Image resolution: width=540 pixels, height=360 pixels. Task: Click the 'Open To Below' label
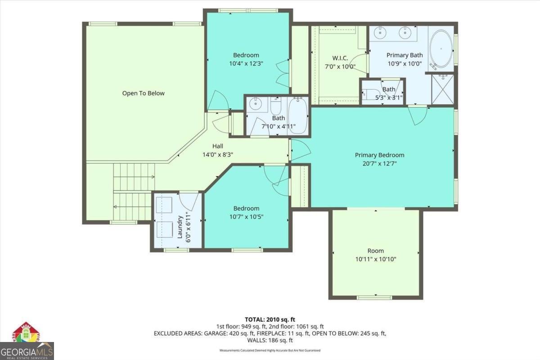pyautogui.click(x=143, y=93)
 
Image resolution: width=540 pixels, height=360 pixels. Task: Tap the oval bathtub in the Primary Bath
pyautogui.click(x=441, y=48)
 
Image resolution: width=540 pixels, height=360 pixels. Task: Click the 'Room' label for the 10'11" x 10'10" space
pyautogui.click(x=376, y=251)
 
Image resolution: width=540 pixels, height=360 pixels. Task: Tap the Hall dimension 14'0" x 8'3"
pyautogui.click(x=218, y=154)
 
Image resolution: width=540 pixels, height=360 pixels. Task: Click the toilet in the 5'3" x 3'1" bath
pyautogui.click(x=370, y=94)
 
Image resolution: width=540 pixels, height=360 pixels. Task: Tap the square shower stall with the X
pyautogui.click(x=443, y=90)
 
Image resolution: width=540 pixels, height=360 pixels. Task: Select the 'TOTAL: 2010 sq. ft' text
pyautogui.click(x=270, y=319)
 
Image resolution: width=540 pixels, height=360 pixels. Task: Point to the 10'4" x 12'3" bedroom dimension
pyautogui.click(x=246, y=64)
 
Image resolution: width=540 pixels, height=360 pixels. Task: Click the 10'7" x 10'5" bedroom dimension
pyautogui.click(x=246, y=216)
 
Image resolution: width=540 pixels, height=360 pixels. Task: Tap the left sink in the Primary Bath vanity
pyautogui.click(x=381, y=32)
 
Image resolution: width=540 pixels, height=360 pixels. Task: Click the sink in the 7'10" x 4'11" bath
pyautogui.click(x=256, y=104)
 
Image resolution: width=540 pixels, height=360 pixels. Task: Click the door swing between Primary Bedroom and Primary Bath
pyautogui.click(x=418, y=116)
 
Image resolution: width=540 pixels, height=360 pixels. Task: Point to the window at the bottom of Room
pyautogui.click(x=374, y=297)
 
